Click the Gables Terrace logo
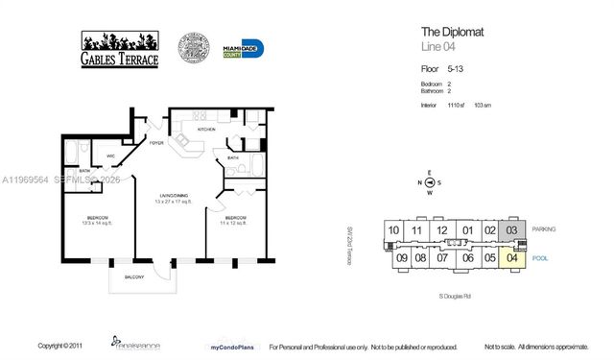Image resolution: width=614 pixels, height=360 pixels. click(120, 49)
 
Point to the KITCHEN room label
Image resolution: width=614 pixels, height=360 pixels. click(205, 128)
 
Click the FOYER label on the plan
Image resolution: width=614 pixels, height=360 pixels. click(154, 146)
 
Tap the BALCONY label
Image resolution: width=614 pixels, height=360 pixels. click(134, 277)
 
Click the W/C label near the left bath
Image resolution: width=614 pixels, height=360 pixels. click(111, 155)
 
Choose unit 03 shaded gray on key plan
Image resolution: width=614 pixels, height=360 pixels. click(512, 229)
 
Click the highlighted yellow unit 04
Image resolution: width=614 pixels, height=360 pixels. click(512, 257)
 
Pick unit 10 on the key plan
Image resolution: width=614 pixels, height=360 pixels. click(393, 230)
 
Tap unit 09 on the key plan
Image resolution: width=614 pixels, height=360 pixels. click(401, 257)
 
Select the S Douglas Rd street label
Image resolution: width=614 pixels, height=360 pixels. click(454, 297)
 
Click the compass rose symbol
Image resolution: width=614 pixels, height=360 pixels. click(431, 182)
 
